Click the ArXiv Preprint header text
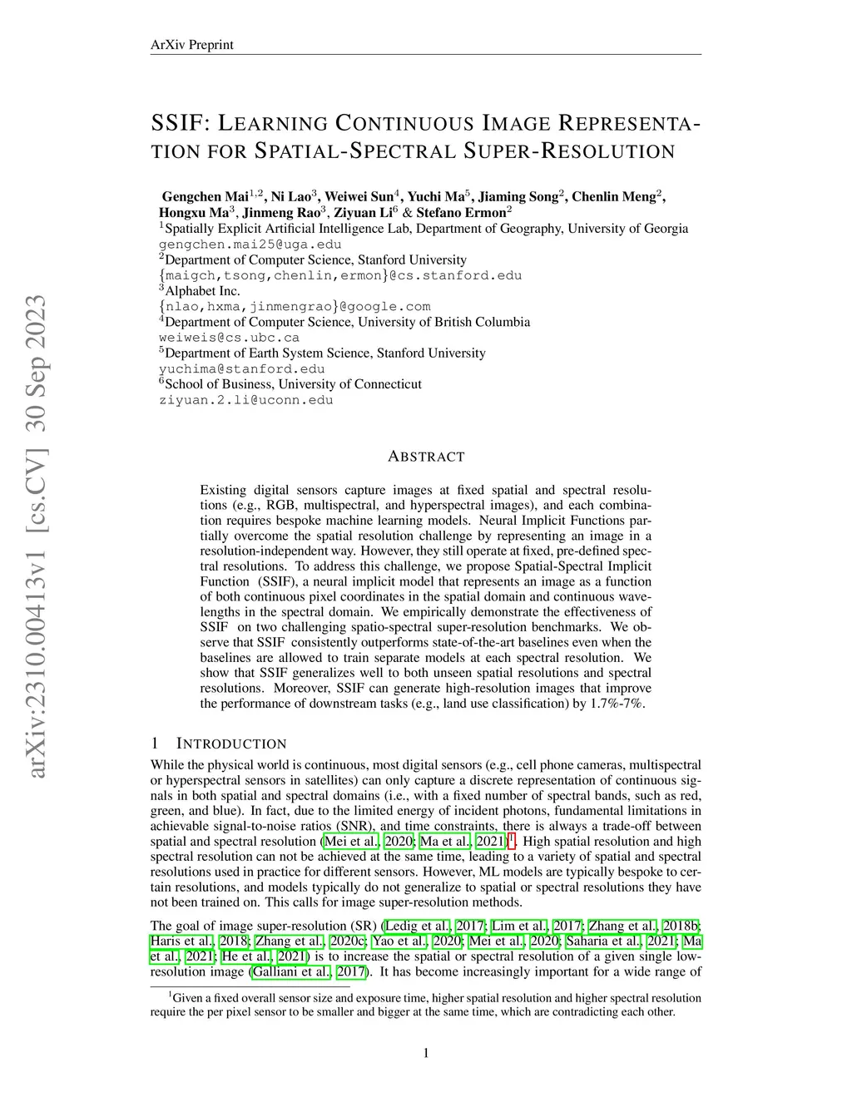coord(191,45)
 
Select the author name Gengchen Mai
coord(205,196)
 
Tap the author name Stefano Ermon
coord(461,212)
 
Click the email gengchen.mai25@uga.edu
coord(250,245)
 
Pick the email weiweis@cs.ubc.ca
coord(229,338)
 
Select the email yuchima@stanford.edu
coord(241,368)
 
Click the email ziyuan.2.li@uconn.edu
coord(245,400)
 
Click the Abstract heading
coord(426,457)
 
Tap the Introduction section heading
coord(230,744)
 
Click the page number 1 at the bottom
coord(426,1054)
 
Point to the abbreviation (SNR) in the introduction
coord(356,826)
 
